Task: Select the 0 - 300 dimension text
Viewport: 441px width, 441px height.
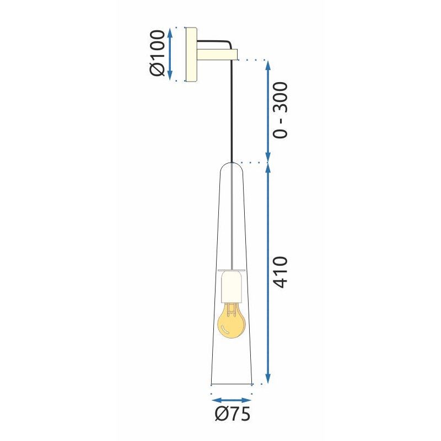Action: (x=280, y=110)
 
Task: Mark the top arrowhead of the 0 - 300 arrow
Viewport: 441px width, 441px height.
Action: (x=268, y=64)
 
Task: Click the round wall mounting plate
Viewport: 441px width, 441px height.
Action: (x=192, y=54)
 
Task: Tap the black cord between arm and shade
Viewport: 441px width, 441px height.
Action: (x=232, y=110)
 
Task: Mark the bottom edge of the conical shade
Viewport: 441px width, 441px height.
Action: (x=232, y=384)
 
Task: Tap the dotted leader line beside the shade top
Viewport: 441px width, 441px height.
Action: (x=251, y=163)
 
